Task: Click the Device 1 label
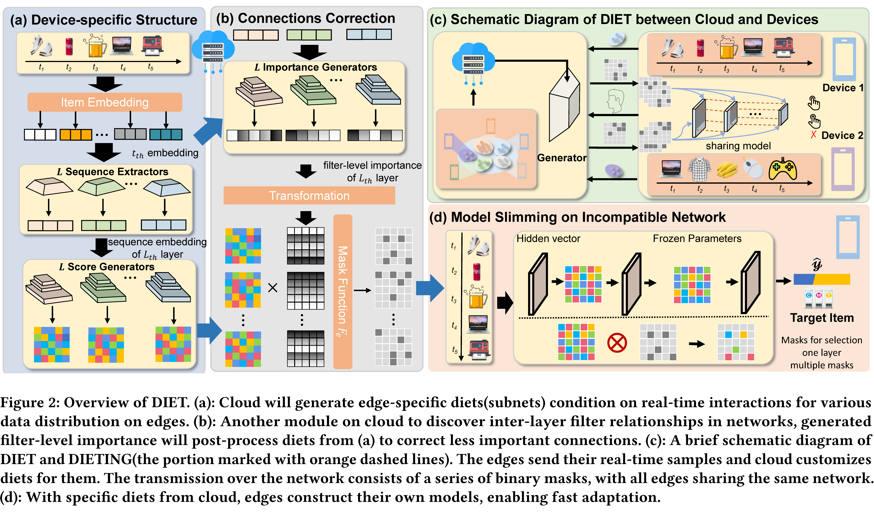[x=843, y=88]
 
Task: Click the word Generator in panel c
[x=561, y=158]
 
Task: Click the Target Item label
[x=822, y=318]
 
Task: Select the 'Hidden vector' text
[x=548, y=239]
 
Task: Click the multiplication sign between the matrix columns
[x=273, y=288]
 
